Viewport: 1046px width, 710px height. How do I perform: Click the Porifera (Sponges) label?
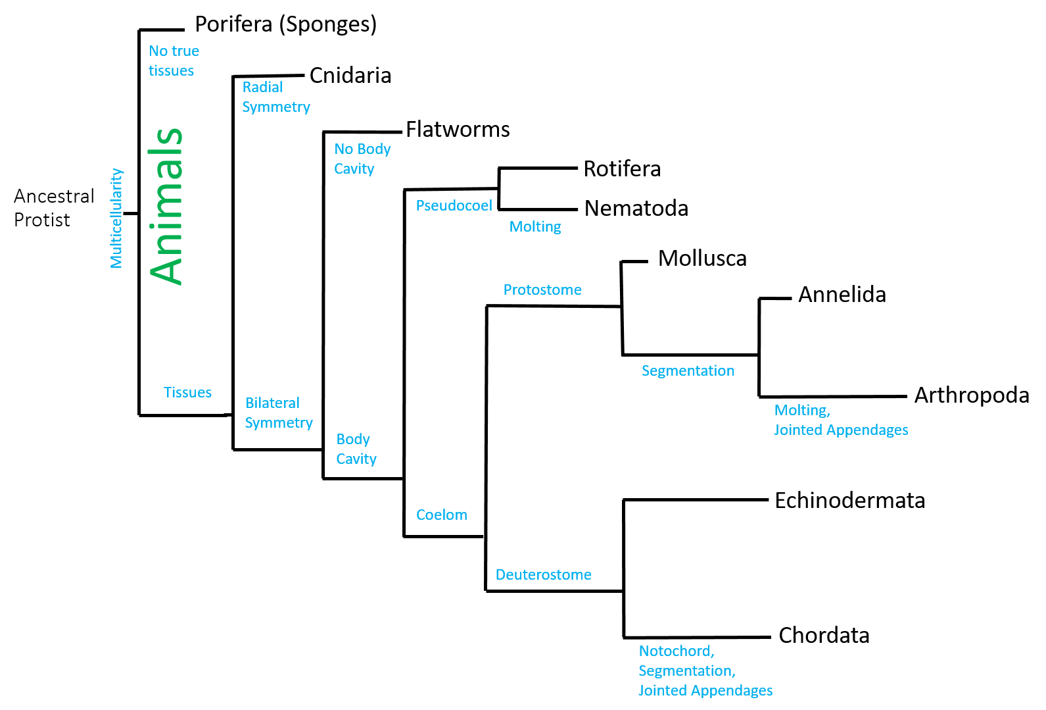point(286,25)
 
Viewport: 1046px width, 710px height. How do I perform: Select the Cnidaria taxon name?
point(350,76)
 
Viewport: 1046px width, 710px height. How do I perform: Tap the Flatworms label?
point(458,130)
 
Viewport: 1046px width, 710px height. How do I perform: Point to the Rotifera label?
point(622,169)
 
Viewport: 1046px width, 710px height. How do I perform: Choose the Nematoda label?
point(636,209)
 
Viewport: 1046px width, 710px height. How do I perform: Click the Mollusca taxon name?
point(702,259)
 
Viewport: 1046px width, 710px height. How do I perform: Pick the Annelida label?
point(842,295)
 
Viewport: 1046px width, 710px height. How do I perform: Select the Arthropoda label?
point(972,395)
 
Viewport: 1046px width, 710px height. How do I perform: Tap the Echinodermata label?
point(849,501)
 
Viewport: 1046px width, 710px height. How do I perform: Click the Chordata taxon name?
point(824,636)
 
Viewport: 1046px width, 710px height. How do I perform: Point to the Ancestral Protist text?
point(54,208)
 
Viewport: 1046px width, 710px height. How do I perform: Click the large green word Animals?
point(166,206)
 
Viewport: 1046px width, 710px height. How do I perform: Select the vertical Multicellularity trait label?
point(116,218)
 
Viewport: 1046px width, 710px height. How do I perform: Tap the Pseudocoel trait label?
point(454,206)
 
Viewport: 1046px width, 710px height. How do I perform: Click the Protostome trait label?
point(542,290)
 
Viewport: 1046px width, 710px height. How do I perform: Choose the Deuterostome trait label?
point(543,575)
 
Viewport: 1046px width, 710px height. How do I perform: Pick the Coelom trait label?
point(441,515)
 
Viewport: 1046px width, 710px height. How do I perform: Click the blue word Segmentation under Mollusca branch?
point(688,371)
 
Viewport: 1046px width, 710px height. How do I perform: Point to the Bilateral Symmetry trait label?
point(278,413)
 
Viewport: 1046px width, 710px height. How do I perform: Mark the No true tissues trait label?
point(173,61)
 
